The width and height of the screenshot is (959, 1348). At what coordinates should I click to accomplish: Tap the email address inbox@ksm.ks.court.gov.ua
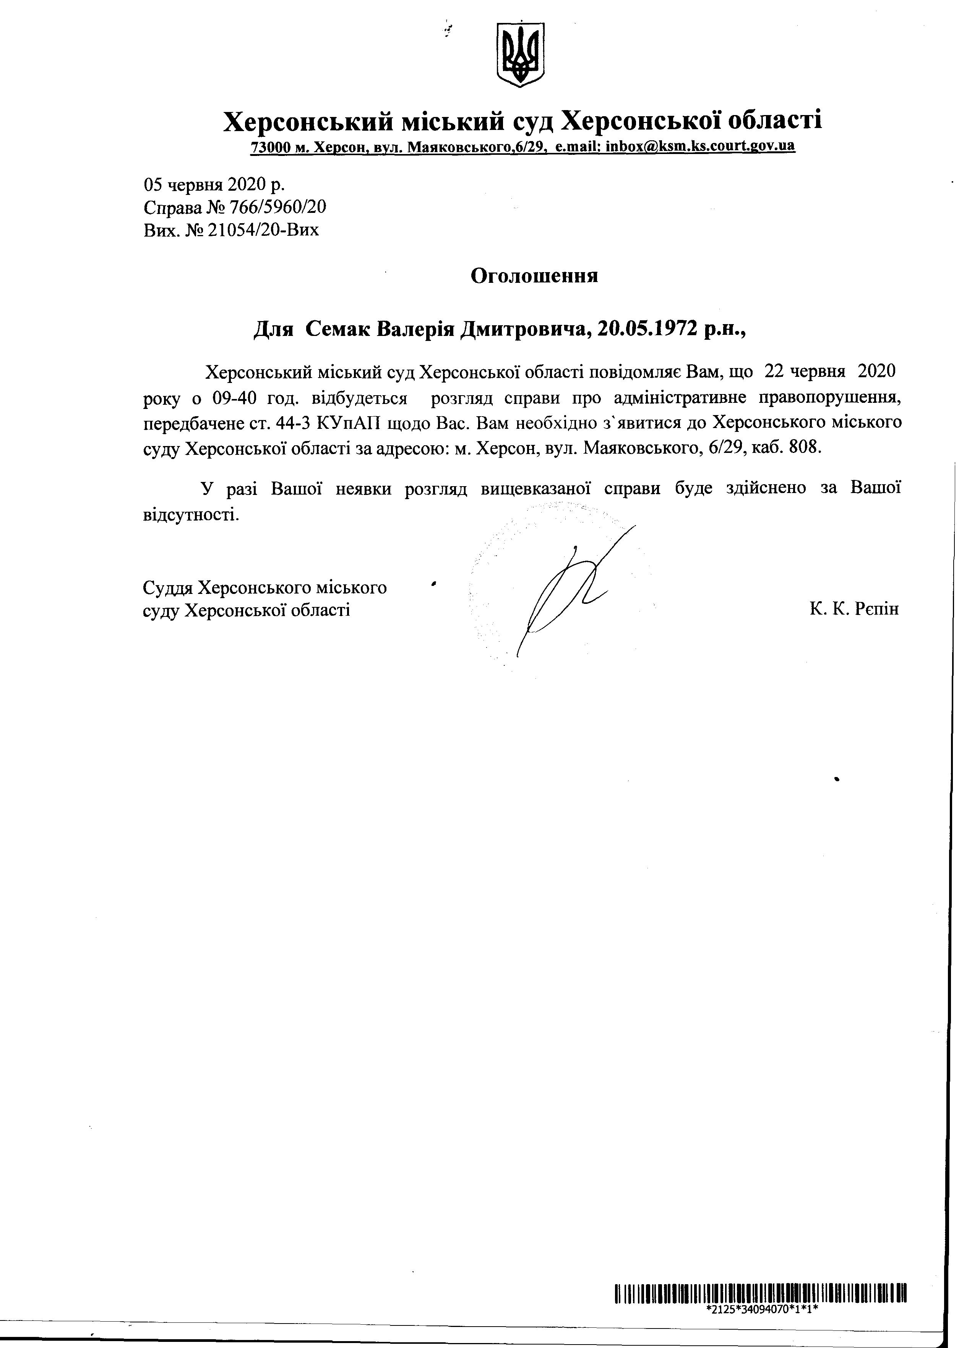pos(700,146)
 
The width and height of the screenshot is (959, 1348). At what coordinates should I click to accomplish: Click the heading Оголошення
pos(534,276)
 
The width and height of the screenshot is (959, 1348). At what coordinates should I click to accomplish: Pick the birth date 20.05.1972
pos(647,328)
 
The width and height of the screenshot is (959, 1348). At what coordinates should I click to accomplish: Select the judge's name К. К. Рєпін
pos(854,609)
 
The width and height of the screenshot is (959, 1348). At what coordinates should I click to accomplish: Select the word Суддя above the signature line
pos(168,587)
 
